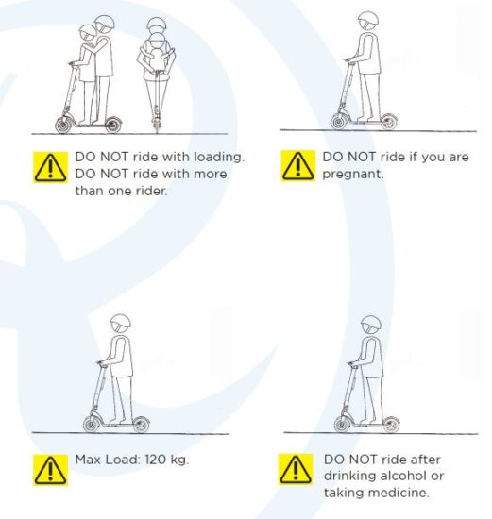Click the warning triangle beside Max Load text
50,470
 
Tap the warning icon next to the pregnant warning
297,166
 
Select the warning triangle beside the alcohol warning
296,469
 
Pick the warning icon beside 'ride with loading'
50,167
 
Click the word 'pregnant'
352,175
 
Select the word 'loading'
219,158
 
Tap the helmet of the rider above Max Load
120,323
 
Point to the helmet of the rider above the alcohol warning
371,324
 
